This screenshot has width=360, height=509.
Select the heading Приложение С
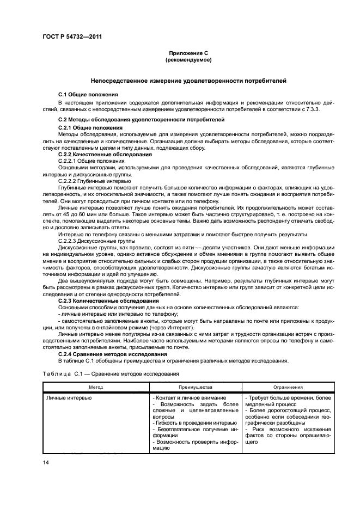pos(187,53)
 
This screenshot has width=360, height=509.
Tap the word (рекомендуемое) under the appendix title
pos(187,59)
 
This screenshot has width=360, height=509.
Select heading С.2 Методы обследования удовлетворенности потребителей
pos(133,119)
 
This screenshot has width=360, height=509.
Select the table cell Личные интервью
pos(69,398)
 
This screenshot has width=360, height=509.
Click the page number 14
pos(46,462)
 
